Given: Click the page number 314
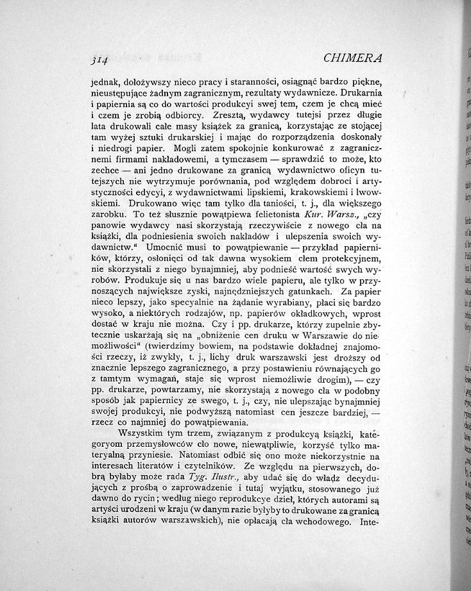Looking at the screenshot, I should [99, 62].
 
